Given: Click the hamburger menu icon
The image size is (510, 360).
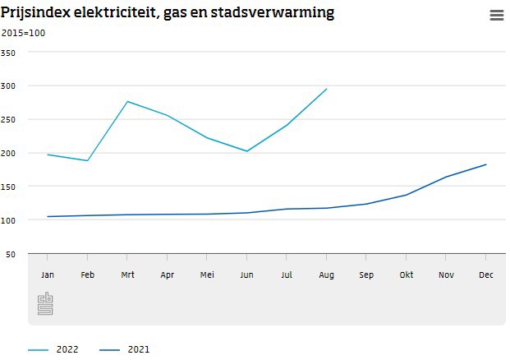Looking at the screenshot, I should point(496,15).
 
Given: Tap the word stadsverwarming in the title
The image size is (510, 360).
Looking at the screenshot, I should point(276,14).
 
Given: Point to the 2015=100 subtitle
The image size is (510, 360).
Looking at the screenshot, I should point(22,33).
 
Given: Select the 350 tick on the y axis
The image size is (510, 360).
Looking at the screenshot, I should point(8,53).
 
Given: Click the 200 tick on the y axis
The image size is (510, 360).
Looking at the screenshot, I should point(8,153).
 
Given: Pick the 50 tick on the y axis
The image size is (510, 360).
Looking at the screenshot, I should point(11,254).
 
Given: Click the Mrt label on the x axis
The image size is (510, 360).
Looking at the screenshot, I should point(127,275).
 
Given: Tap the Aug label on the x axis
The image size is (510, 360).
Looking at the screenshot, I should point(327,275).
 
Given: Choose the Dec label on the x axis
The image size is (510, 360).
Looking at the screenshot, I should point(486,275).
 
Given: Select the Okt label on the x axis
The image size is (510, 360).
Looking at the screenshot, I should point(407,275).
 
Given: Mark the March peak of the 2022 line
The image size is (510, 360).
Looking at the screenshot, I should point(127,101).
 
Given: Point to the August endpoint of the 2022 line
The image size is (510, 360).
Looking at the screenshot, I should point(327,89).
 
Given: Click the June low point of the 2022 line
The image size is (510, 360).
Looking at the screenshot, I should point(247,151).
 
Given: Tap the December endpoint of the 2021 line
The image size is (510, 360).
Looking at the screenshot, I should point(486,164).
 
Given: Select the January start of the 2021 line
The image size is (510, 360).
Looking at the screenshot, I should point(48,217).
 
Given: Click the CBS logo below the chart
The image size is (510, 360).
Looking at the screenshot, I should point(45,303).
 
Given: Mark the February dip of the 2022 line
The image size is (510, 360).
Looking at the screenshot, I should point(87,160).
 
